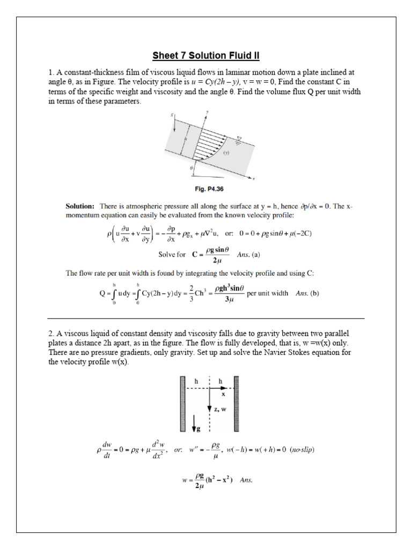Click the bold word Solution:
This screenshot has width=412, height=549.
pyautogui.click(x=80, y=206)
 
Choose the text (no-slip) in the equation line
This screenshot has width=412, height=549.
pyautogui.click(x=302, y=450)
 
